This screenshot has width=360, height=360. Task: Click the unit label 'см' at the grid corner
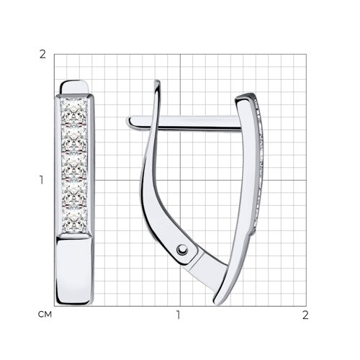[x=45, y=315]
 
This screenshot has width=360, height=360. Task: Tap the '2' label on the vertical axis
[x=42, y=55]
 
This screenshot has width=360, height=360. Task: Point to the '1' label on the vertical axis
[x=42, y=180]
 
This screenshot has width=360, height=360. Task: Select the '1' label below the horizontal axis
[x=178, y=315]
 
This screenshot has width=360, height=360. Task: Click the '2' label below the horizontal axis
[x=305, y=315]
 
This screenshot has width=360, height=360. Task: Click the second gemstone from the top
[x=74, y=139]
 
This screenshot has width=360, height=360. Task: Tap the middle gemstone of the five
[x=75, y=166]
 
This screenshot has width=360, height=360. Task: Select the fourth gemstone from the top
[x=75, y=194]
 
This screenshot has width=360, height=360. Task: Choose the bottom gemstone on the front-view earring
[x=75, y=220]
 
